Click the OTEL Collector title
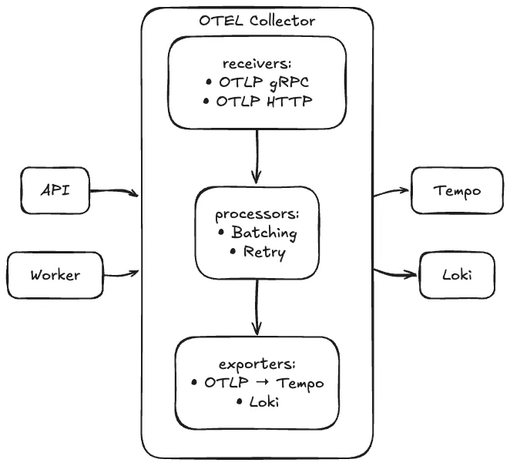tap(257, 21)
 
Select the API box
tap(55, 189)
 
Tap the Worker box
tap(55, 274)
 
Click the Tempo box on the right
tap(457, 191)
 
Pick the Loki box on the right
tap(457, 274)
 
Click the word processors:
tap(257, 213)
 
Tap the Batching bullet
tap(257, 232)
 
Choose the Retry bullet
tap(257, 251)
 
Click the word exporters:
tap(257, 364)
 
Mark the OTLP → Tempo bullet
tap(257, 383)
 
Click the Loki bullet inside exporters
tap(257, 401)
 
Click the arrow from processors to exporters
tap(257, 306)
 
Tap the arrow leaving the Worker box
tap(120, 272)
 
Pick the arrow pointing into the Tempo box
tap(393, 192)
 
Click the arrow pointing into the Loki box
tap(396, 272)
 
